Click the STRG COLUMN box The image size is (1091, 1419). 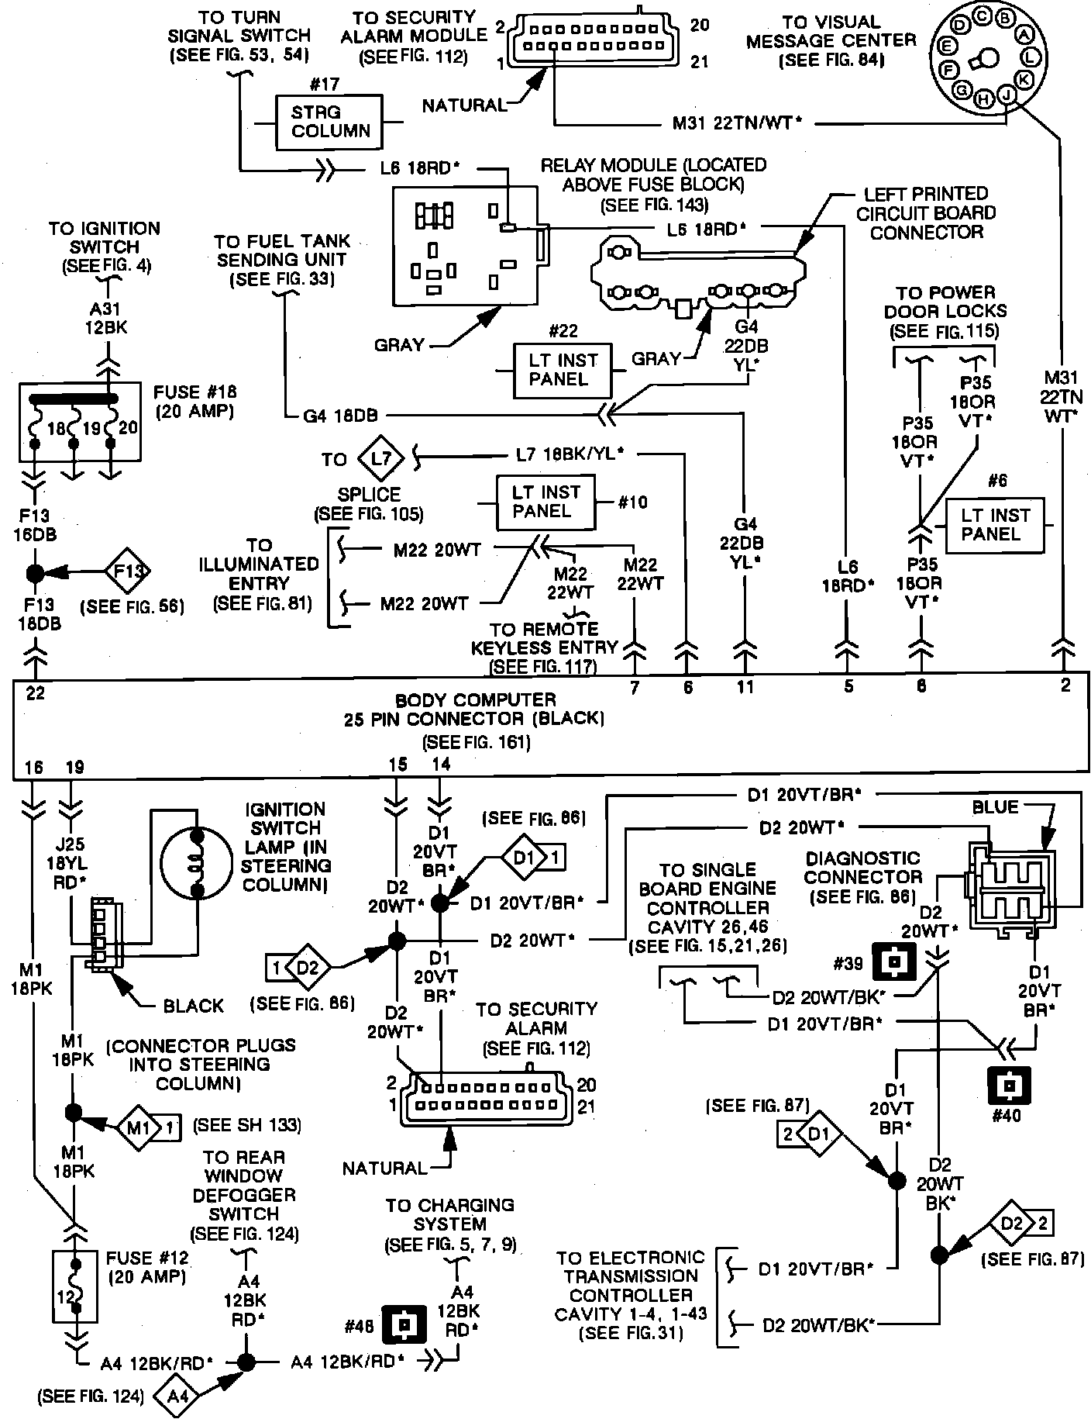329,122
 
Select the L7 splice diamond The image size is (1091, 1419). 381,459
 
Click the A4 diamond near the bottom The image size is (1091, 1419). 178,1397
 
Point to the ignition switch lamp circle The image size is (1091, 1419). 196,863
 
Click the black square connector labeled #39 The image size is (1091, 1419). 895,962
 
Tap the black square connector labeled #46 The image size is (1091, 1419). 404,1328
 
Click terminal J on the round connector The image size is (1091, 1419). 1007,95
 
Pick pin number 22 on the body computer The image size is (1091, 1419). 36,693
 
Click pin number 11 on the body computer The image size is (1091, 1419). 745,687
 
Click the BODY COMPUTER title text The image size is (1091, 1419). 476,699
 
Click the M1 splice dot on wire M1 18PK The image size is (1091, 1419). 73,1113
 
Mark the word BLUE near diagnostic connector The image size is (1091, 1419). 995,807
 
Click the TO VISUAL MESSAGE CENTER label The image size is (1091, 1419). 831,41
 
